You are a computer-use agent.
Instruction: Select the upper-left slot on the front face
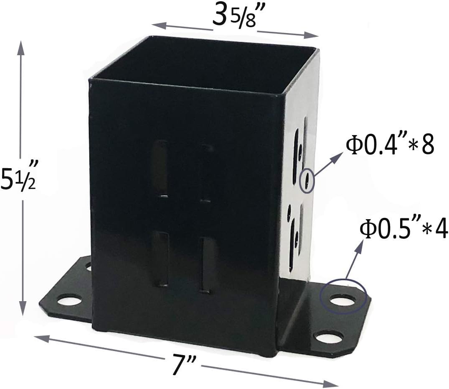pos(160,169)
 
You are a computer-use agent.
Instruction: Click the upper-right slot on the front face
pos(206,172)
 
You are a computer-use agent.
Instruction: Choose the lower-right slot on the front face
pos(205,264)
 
